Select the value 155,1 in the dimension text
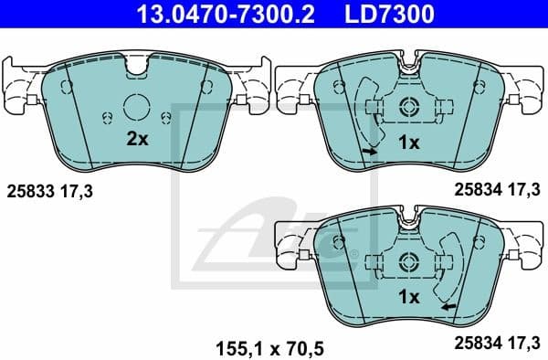point(233,348)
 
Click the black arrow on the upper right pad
point(369,152)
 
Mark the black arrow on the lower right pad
point(448,307)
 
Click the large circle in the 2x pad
point(136,109)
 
